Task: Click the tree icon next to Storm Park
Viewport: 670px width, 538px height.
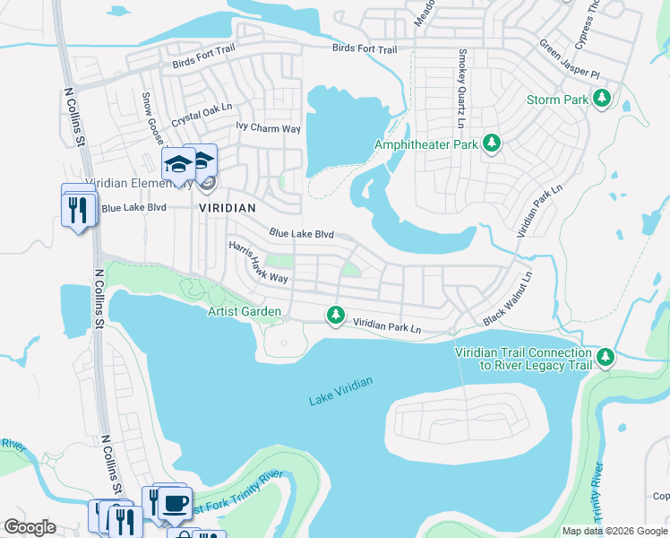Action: tap(604, 98)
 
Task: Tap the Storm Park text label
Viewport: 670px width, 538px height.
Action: tap(557, 100)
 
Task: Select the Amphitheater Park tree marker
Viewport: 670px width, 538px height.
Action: tap(491, 143)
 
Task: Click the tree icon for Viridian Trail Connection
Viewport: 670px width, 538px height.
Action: tap(606, 358)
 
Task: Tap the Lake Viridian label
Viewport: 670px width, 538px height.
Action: tap(340, 386)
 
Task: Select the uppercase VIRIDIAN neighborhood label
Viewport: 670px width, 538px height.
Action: tap(228, 207)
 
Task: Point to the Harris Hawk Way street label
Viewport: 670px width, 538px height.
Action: tap(258, 262)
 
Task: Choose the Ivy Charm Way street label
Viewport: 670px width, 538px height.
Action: tap(268, 129)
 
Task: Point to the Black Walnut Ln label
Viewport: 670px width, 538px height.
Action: tap(507, 298)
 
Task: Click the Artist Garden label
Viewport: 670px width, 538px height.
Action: tap(245, 312)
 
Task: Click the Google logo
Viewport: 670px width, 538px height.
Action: tap(30, 527)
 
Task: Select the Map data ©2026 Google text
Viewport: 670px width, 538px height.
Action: tap(614, 531)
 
